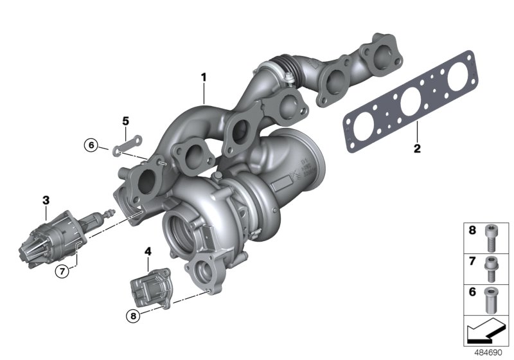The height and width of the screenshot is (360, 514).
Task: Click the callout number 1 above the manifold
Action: click(204, 78)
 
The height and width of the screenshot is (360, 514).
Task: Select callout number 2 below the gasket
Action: click(416, 149)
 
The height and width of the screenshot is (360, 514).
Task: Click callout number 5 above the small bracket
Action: click(126, 121)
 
